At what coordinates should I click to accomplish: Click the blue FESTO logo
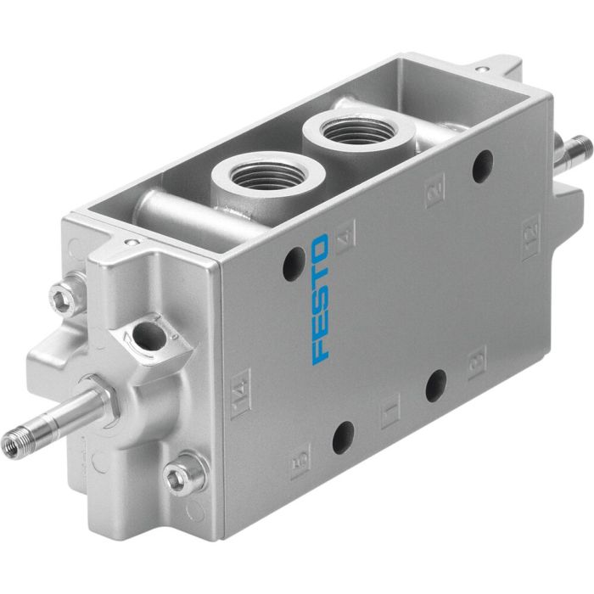[x=320, y=299]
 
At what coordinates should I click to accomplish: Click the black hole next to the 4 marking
[x=294, y=262]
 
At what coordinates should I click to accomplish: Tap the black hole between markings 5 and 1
[x=344, y=438]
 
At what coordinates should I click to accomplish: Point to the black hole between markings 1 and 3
[x=436, y=386]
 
